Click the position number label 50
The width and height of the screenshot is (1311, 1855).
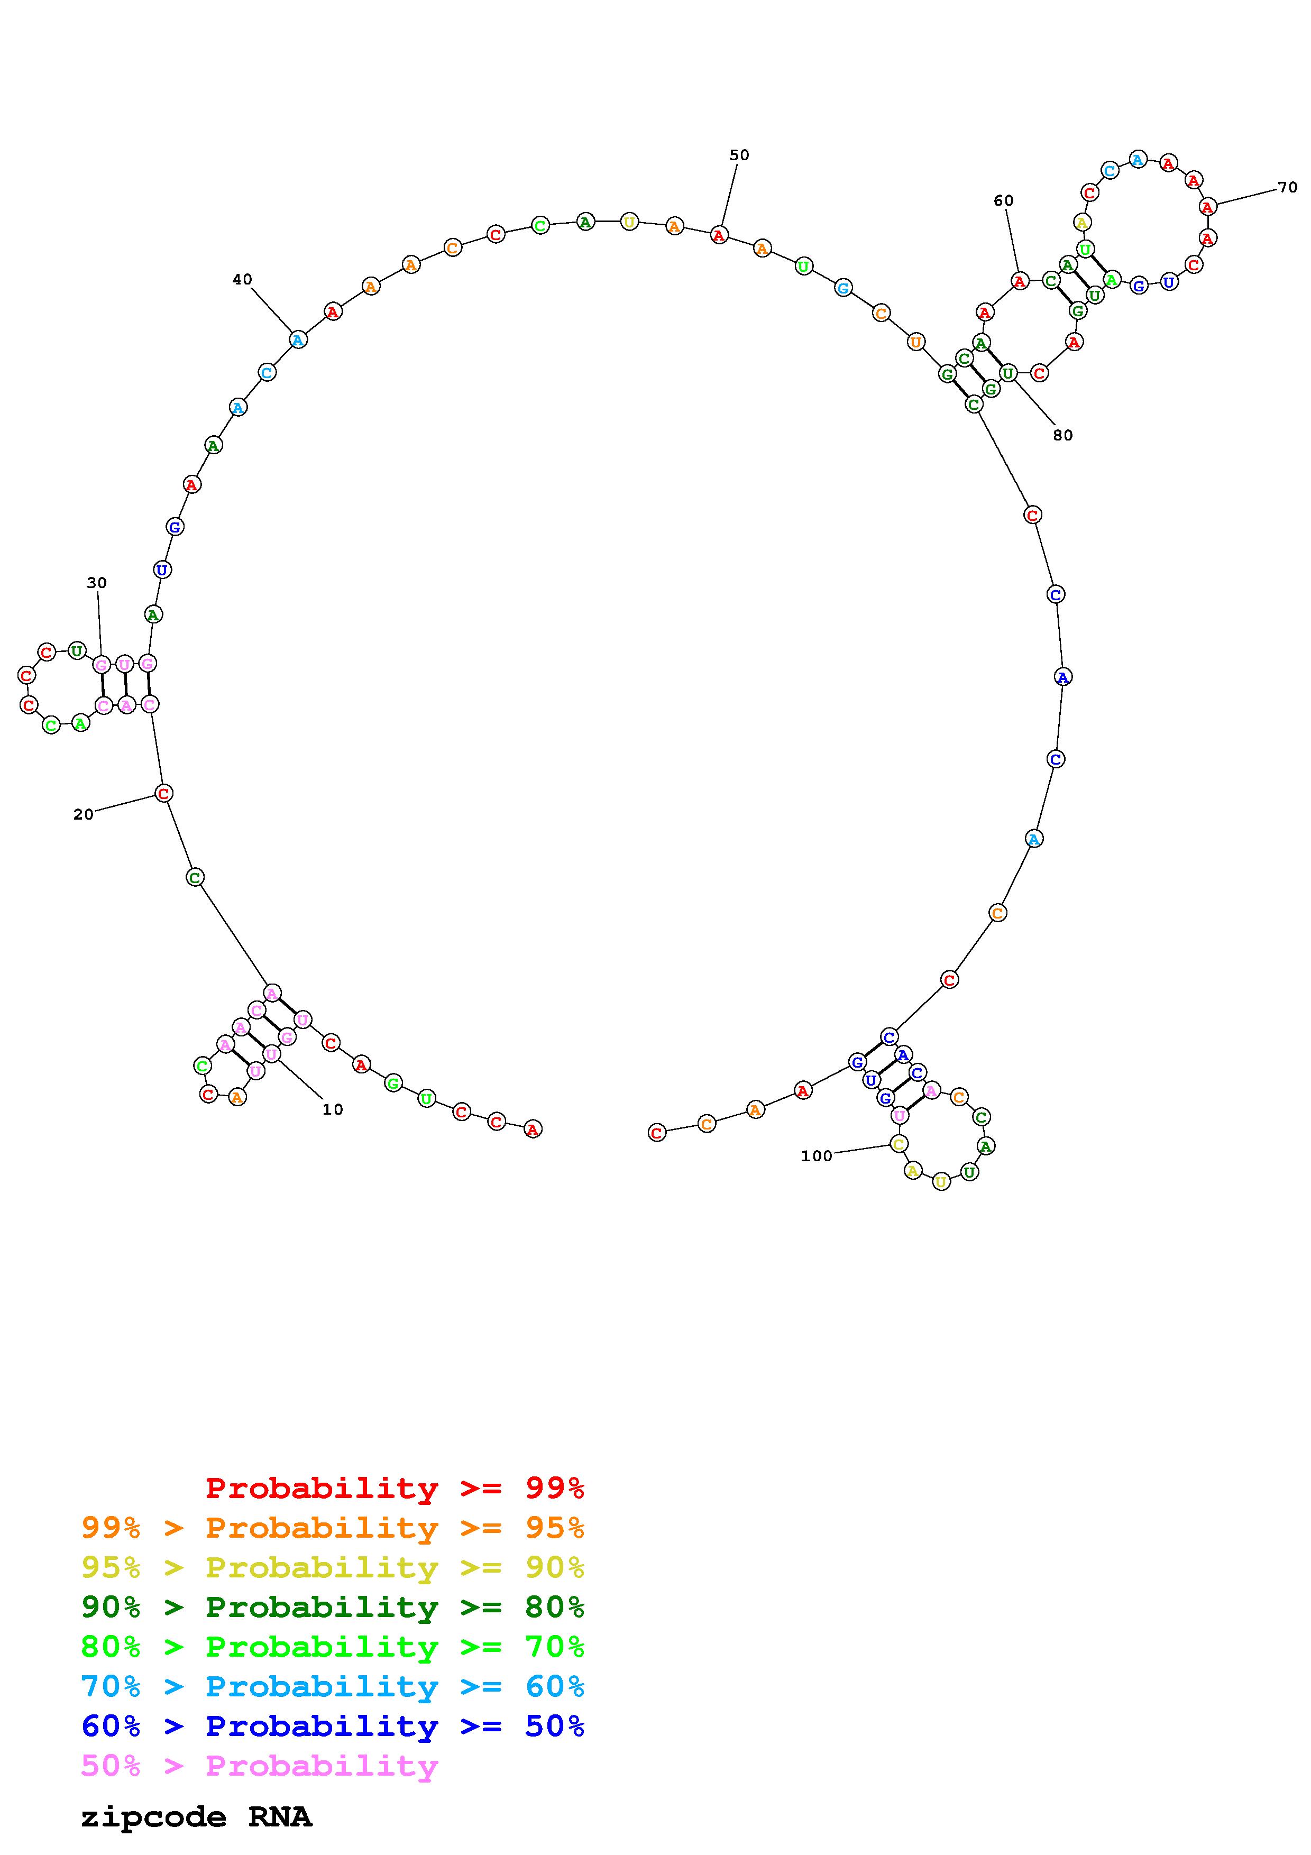pos(739,155)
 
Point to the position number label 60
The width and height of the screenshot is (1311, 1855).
pos(1003,200)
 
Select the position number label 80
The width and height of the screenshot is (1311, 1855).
pos(1063,436)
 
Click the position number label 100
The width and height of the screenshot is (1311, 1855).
pos(817,1156)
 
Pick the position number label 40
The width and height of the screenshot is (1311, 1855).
pos(242,280)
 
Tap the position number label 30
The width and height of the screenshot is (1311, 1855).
pos(97,583)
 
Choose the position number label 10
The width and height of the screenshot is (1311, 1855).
pos(333,1109)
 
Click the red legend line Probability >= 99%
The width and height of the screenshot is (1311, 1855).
pos(395,1488)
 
